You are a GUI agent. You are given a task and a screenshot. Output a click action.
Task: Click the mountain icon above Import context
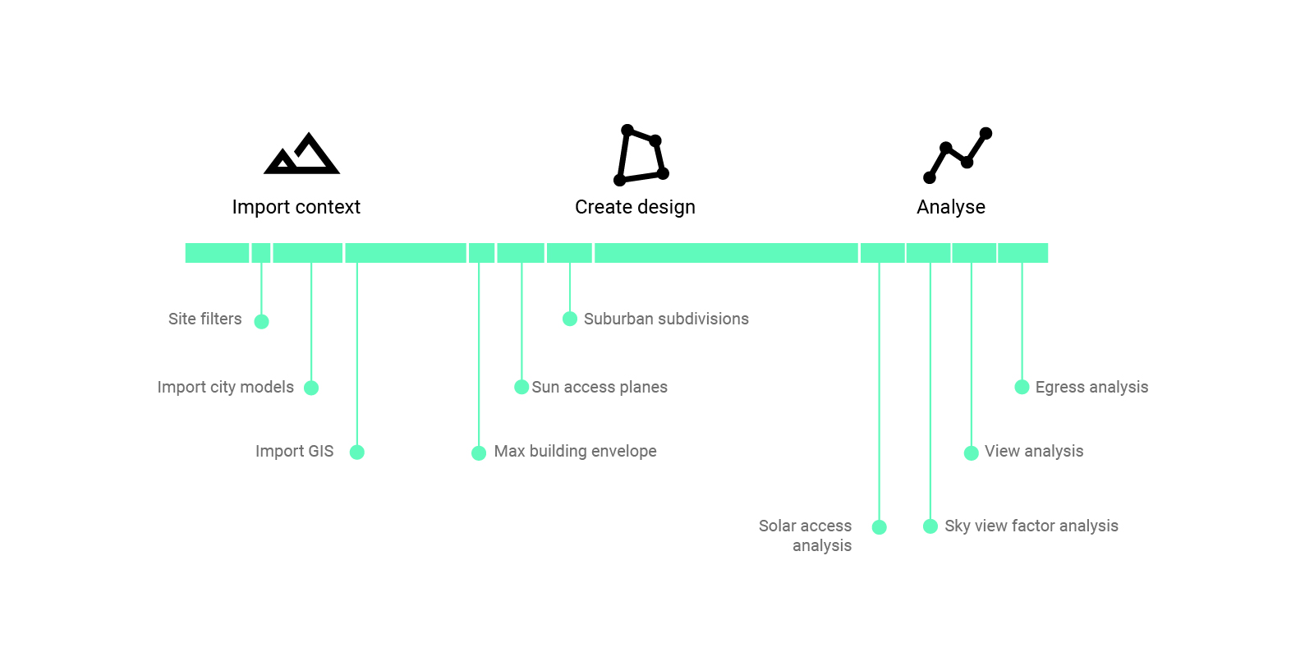pyautogui.click(x=301, y=154)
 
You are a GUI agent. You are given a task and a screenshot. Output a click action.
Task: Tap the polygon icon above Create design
pyautogui.click(x=641, y=155)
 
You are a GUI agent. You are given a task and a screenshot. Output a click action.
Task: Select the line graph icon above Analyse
pyautogui.click(x=958, y=155)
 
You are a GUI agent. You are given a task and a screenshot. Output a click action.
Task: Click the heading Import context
pyautogui.click(x=296, y=207)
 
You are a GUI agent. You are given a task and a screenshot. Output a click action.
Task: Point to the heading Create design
pyautogui.click(x=635, y=207)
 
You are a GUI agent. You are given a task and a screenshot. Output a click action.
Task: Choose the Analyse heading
pyautogui.click(x=950, y=207)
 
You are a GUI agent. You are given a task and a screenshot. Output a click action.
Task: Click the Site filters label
pyautogui.click(x=204, y=319)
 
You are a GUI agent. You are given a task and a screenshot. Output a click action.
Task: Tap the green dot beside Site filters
pyautogui.click(x=261, y=321)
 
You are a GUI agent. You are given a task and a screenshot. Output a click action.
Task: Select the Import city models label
pyautogui.click(x=225, y=387)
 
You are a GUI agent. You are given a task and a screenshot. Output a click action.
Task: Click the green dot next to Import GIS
pyautogui.click(x=356, y=452)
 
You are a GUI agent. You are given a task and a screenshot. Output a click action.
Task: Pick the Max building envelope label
pyautogui.click(x=575, y=451)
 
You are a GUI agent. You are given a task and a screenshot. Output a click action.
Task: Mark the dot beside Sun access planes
pyautogui.click(x=521, y=387)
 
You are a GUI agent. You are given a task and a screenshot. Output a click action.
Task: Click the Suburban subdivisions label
pyautogui.click(x=666, y=319)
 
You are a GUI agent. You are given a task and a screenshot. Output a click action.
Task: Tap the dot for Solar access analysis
pyautogui.click(x=879, y=527)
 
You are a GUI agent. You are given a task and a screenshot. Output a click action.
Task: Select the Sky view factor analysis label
pyautogui.click(x=1031, y=526)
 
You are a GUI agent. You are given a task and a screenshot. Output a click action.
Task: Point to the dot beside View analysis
pyautogui.click(x=971, y=453)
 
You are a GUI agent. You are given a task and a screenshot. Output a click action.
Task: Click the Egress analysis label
pyautogui.click(x=1091, y=387)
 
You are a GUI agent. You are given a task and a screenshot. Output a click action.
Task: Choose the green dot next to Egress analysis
pyautogui.click(x=1022, y=387)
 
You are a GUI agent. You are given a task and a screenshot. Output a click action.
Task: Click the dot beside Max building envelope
pyautogui.click(x=479, y=453)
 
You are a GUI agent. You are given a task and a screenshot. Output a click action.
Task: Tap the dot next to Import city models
pyautogui.click(x=311, y=388)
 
